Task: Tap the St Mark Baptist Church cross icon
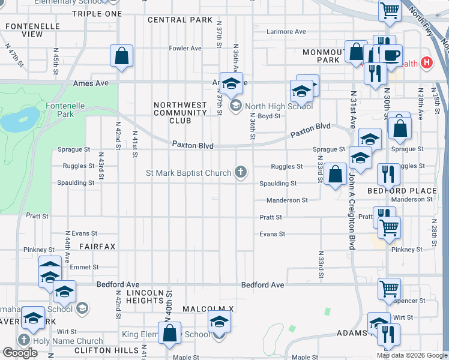(x=240, y=173)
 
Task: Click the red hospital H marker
(x=427, y=62)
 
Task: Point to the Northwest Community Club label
(x=181, y=113)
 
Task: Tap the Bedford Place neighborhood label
(x=402, y=190)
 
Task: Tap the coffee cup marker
(x=391, y=55)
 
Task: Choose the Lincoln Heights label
(x=144, y=296)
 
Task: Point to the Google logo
(x=20, y=353)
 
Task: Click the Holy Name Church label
(x=68, y=341)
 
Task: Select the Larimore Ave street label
(x=286, y=32)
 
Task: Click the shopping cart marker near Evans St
(x=389, y=227)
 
